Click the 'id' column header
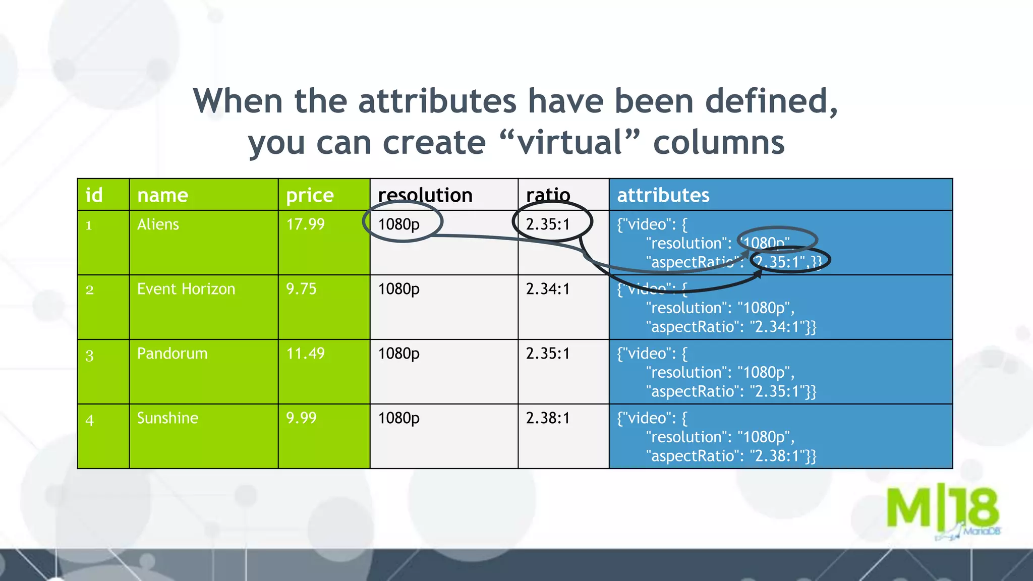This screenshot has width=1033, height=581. coord(94,195)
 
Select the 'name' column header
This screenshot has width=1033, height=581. coord(162,195)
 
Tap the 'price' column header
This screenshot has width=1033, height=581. coord(310,195)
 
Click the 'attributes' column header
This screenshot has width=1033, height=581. coord(663,195)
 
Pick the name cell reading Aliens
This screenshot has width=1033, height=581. coord(158,224)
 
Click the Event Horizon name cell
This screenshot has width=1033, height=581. coord(186,289)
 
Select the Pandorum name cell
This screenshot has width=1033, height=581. coord(172,354)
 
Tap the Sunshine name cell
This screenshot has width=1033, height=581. coord(167,418)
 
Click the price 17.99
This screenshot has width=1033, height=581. coord(305,224)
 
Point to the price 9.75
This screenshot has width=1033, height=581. coord(301,289)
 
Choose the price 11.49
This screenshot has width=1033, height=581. coord(305,354)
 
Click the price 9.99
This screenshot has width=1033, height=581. coord(301,418)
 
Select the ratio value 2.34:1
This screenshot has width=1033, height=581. coord(548,289)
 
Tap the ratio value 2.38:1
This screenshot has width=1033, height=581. coord(548,418)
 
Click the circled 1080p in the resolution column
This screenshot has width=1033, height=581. coord(399,224)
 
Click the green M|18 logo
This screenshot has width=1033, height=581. coord(942,509)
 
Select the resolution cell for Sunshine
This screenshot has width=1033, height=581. coord(399,418)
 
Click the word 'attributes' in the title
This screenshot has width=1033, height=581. coord(437,101)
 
